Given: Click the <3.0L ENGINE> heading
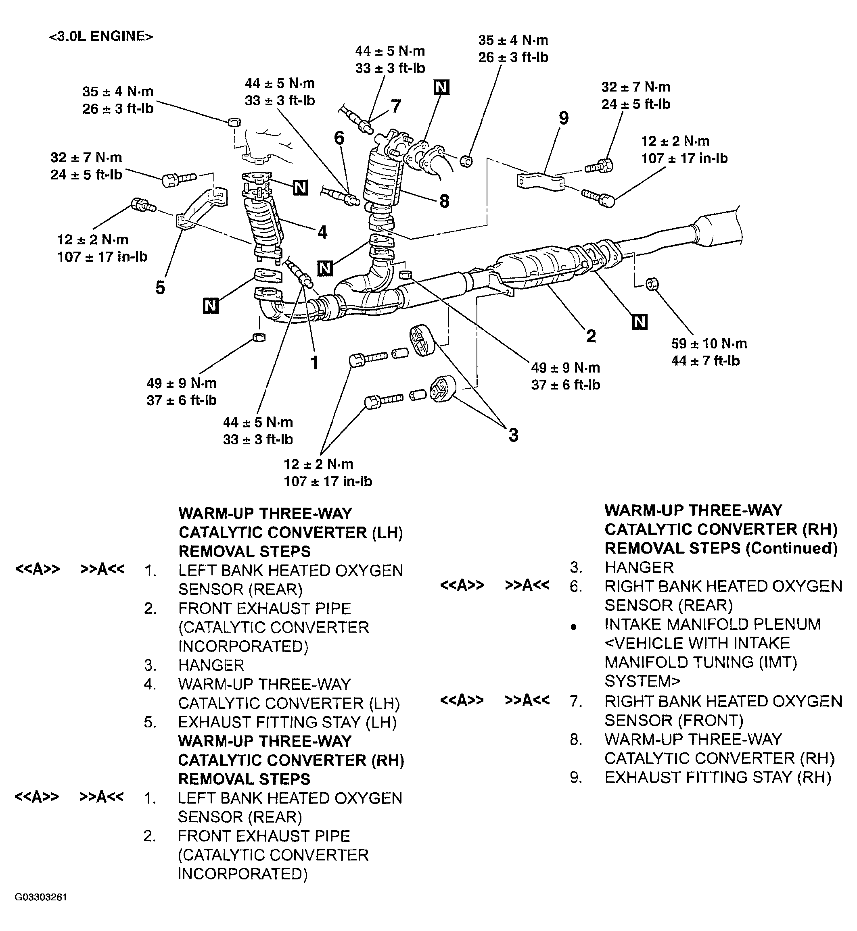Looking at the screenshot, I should (100, 36).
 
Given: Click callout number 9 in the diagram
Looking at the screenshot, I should (563, 118).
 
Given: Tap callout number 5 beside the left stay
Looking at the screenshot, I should (160, 288).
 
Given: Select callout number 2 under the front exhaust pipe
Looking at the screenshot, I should (590, 336).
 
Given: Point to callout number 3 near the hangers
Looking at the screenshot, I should (513, 435).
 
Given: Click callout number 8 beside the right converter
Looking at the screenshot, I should (444, 201).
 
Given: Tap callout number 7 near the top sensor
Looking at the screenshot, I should (395, 106).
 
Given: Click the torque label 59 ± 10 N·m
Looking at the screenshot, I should (709, 344).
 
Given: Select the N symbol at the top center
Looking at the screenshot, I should (441, 87).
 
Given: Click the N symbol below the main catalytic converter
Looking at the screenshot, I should (640, 322).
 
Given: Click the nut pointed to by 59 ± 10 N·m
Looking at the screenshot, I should (653, 283).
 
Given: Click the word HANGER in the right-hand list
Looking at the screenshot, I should (639, 567).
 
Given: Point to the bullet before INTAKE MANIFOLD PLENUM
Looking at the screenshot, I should (574, 627).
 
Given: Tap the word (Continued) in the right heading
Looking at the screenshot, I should (791, 548).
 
